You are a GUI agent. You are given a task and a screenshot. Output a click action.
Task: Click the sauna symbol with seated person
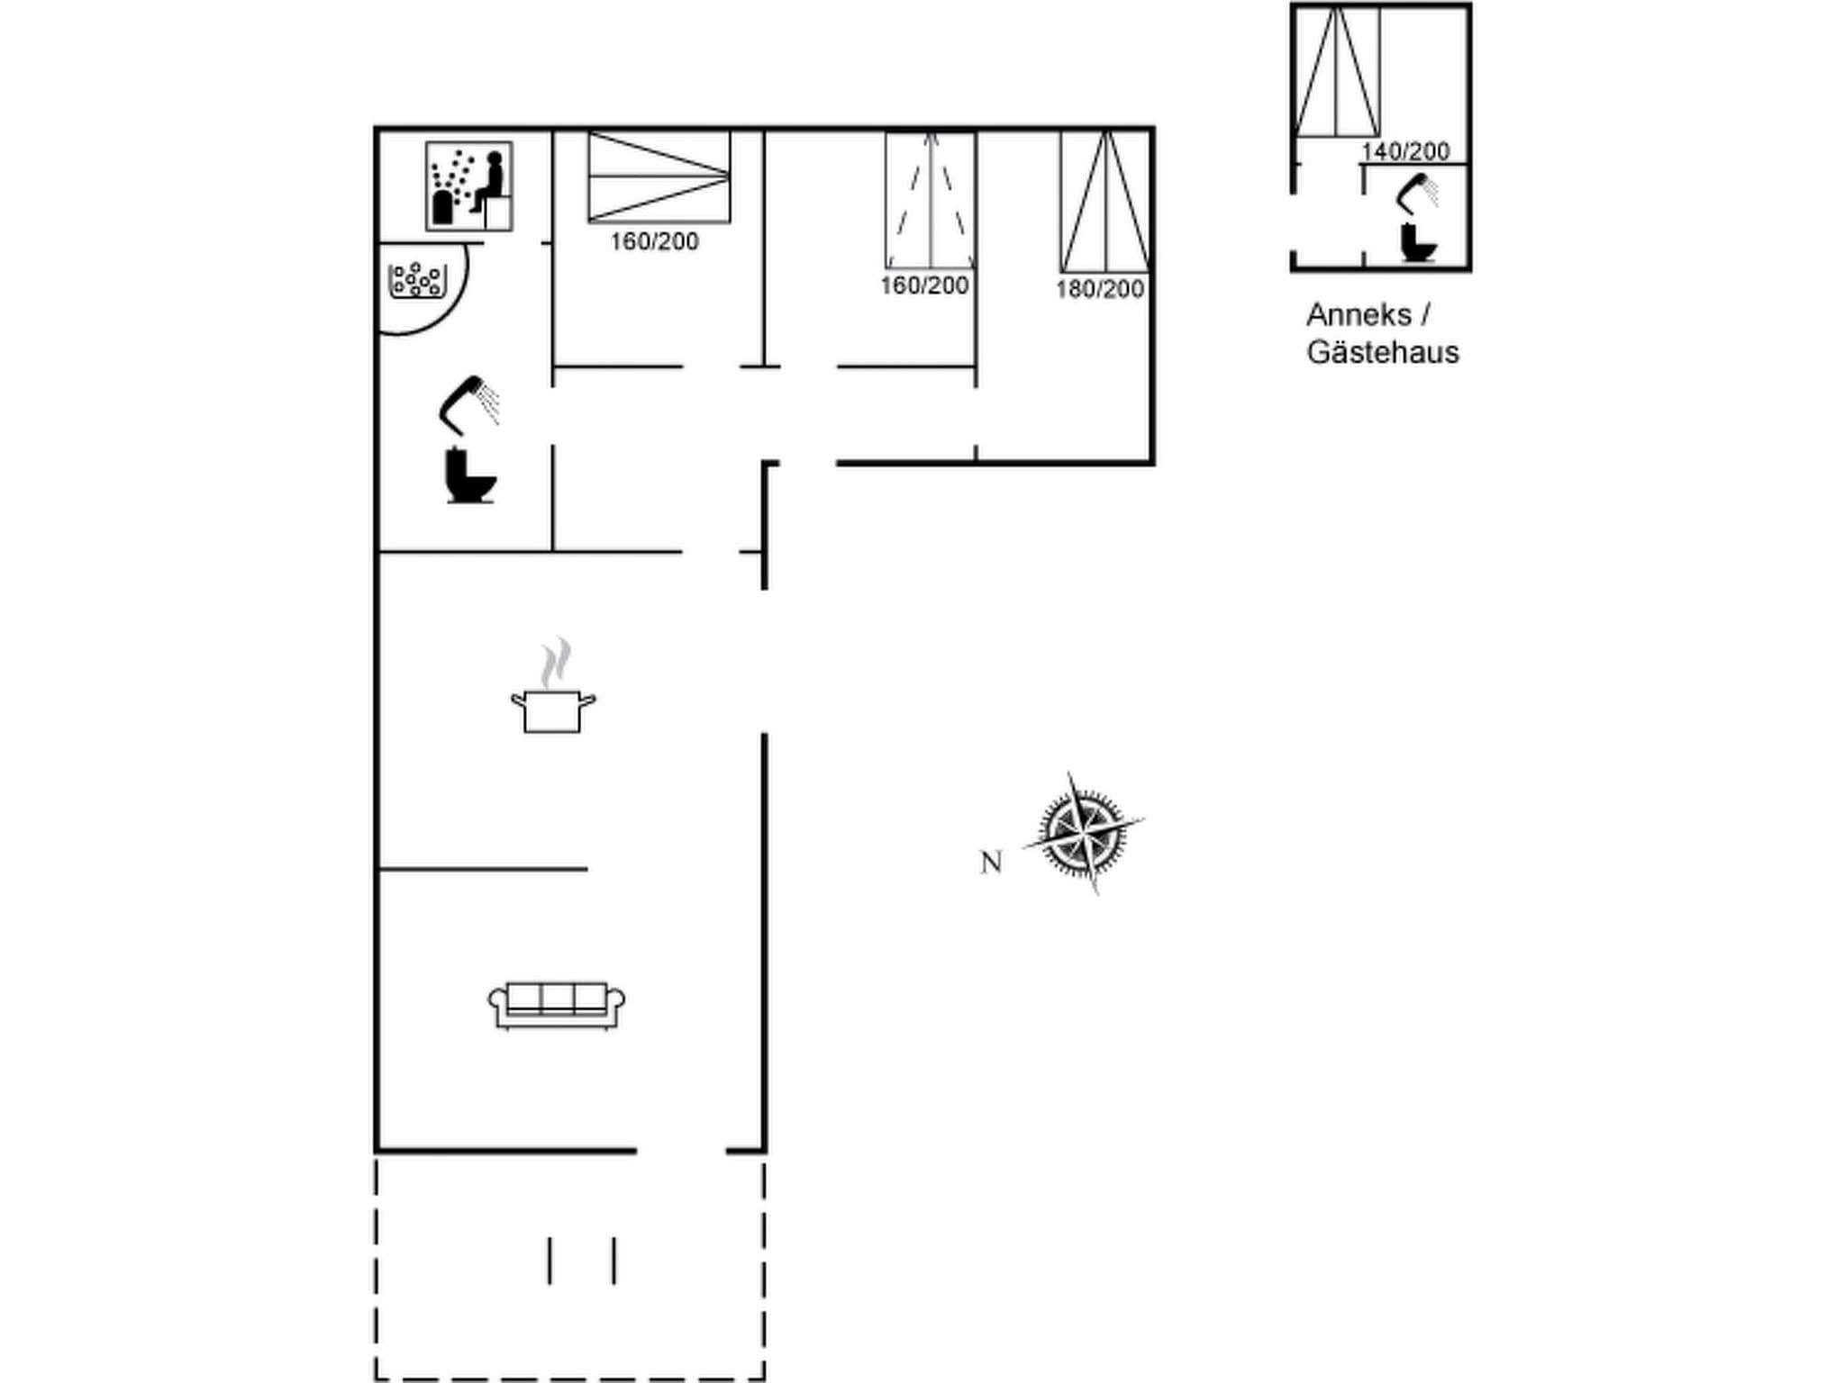468,186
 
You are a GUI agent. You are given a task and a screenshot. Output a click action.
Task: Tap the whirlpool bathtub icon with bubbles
417,280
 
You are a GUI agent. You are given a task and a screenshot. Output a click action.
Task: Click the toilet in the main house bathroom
470,475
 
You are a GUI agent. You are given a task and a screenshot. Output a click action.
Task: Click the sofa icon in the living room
557,1005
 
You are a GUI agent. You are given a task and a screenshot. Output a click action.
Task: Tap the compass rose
1083,833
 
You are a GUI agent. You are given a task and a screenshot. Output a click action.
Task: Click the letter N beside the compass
991,863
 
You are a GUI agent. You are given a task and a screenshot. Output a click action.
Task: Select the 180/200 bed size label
1100,289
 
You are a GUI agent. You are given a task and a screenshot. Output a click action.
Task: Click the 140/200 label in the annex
1405,151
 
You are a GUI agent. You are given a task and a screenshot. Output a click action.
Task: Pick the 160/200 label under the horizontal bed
654,241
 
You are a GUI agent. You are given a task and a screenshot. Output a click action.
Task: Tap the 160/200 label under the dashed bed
924,285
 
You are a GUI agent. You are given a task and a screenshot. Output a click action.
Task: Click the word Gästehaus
1383,352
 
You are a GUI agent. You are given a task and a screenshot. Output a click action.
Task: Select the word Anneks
1359,315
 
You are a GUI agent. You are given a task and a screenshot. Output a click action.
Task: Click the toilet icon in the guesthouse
1417,242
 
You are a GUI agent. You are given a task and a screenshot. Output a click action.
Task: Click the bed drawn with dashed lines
930,200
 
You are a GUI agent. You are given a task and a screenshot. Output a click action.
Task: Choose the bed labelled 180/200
1104,202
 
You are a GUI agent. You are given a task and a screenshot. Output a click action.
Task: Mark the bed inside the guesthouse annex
1337,72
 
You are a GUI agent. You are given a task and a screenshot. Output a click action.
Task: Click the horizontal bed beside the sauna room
659,177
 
